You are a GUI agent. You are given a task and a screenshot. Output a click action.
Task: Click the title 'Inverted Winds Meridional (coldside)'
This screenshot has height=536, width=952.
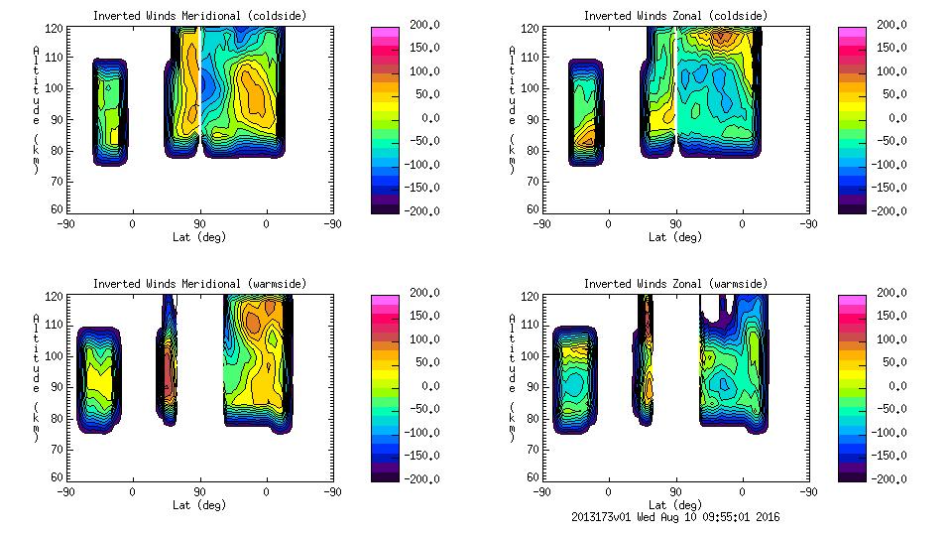pyautogui.click(x=199, y=16)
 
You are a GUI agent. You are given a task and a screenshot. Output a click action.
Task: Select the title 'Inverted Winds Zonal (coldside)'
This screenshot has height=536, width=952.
pyautogui.click(x=674, y=16)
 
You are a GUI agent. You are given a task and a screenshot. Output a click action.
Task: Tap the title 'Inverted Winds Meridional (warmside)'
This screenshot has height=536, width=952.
pyautogui.click(x=199, y=284)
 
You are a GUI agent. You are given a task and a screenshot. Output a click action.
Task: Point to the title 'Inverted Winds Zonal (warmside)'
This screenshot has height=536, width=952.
pyautogui.click(x=674, y=284)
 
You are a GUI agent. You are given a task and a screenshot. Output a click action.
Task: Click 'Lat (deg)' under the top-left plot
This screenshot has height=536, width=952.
pyautogui.click(x=199, y=236)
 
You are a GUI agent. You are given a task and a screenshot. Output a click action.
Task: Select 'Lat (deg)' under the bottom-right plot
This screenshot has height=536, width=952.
pyautogui.click(x=674, y=504)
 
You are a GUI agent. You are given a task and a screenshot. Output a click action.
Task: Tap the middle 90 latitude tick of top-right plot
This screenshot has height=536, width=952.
pyautogui.click(x=675, y=223)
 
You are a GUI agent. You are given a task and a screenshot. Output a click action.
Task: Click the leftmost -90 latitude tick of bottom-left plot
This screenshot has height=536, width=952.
pyautogui.click(x=66, y=491)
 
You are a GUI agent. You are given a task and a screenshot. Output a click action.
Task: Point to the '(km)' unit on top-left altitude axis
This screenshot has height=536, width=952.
pyautogui.click(x=37, y=153)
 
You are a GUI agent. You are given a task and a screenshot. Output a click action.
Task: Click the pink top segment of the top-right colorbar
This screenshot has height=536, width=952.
pyautogui.click(x=852, y=32)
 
